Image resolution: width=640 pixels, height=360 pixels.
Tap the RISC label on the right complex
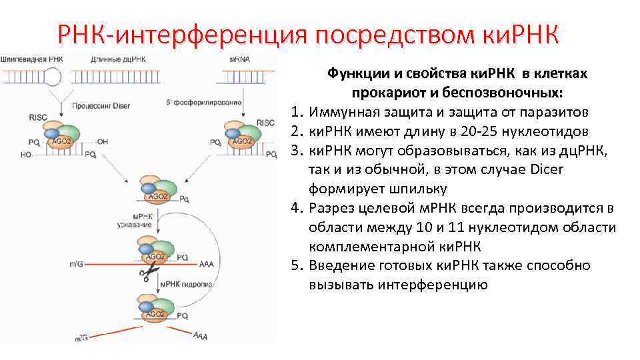(265, 123)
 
